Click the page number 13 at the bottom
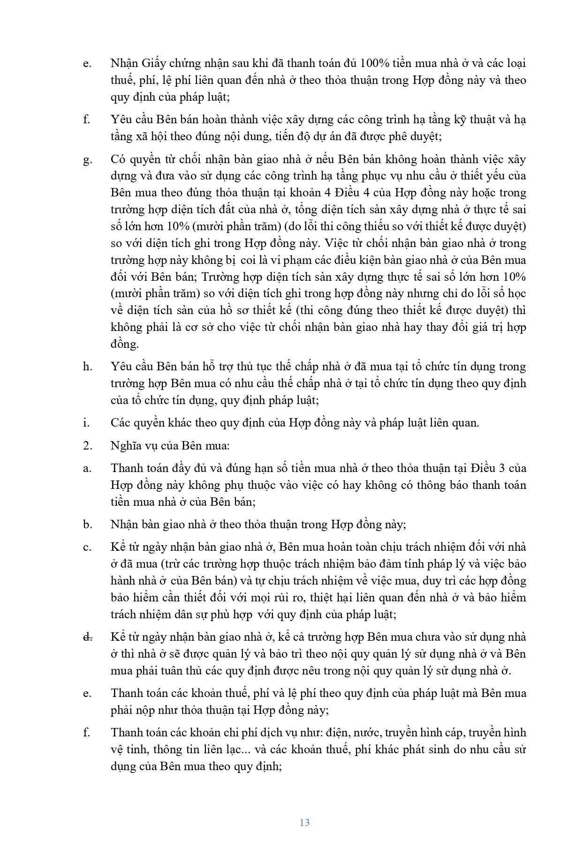[304, 823]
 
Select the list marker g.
[87, 160]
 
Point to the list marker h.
[87, 367]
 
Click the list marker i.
[86, 423]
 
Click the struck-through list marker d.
[87, 637]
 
